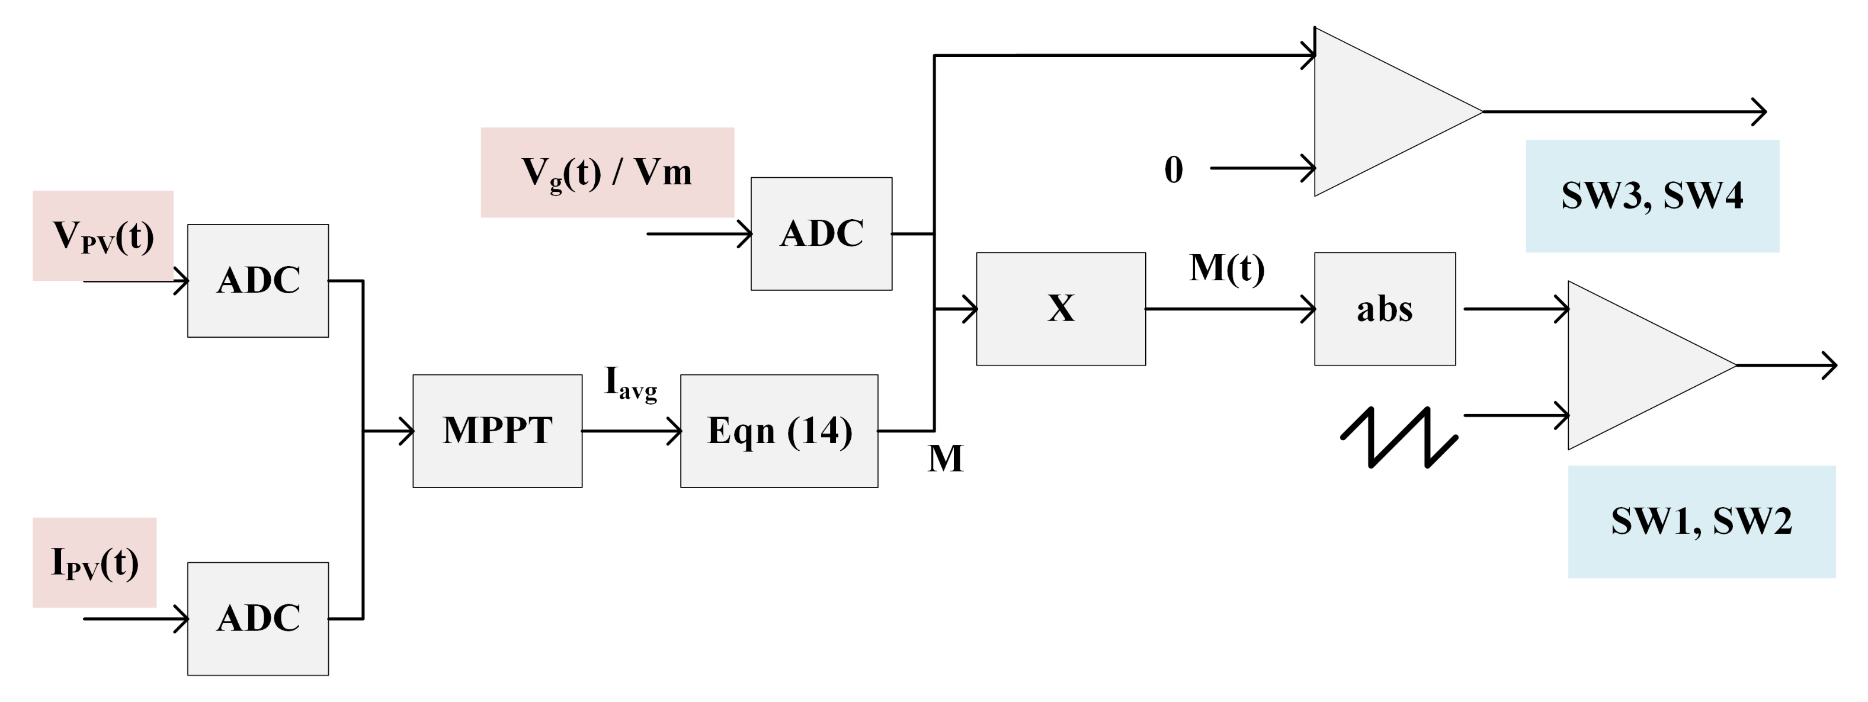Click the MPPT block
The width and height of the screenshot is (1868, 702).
tap(498, 431)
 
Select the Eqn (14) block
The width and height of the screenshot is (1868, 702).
tap(779, 431)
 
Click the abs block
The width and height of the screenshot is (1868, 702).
tap(1385, 309)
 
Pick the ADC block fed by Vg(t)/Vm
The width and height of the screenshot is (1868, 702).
tap(821, 233)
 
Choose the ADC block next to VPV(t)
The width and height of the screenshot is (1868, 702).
tap(258, 281)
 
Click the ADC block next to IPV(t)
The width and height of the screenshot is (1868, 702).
tap(258, 618)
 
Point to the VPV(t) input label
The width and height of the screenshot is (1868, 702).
tap(103, 236)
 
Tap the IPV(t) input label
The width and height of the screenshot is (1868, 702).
tap(94, 562)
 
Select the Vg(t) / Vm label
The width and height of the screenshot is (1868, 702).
tap(607, 172)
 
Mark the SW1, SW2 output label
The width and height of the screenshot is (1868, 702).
tap(1701, 521)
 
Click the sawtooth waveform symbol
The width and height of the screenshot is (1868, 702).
tap(1398, 437)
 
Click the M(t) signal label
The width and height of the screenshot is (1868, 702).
tap(1227, 268)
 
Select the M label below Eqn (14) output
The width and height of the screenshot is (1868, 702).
tap(945, 459)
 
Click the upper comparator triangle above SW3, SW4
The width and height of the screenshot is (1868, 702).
tap(1378, 112)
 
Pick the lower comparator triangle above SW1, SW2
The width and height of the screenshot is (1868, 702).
tap(1632, 365)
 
